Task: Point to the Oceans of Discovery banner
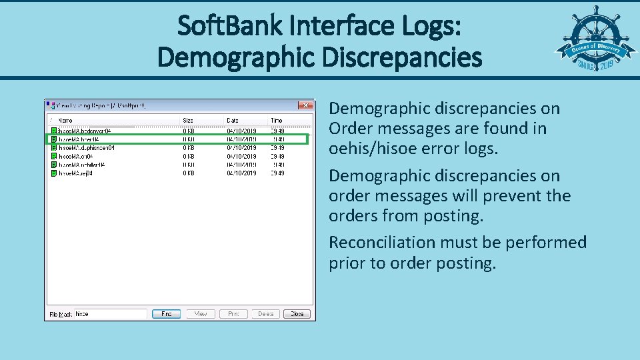click(x=591, y=51)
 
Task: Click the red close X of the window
click(x=305, y=105)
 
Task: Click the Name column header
click(x=65, y=120)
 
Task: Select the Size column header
click(x=188, y=120)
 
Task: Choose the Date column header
click(x=233, y=120)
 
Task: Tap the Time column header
click(x=276, y=120)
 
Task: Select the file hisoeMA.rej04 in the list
click(x=75, y=173)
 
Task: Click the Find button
click(x=166, y=313)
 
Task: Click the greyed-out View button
click(x=200, y=313)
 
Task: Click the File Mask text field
click(x=109, y=313)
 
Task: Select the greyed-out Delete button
click(x=265, y=313)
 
